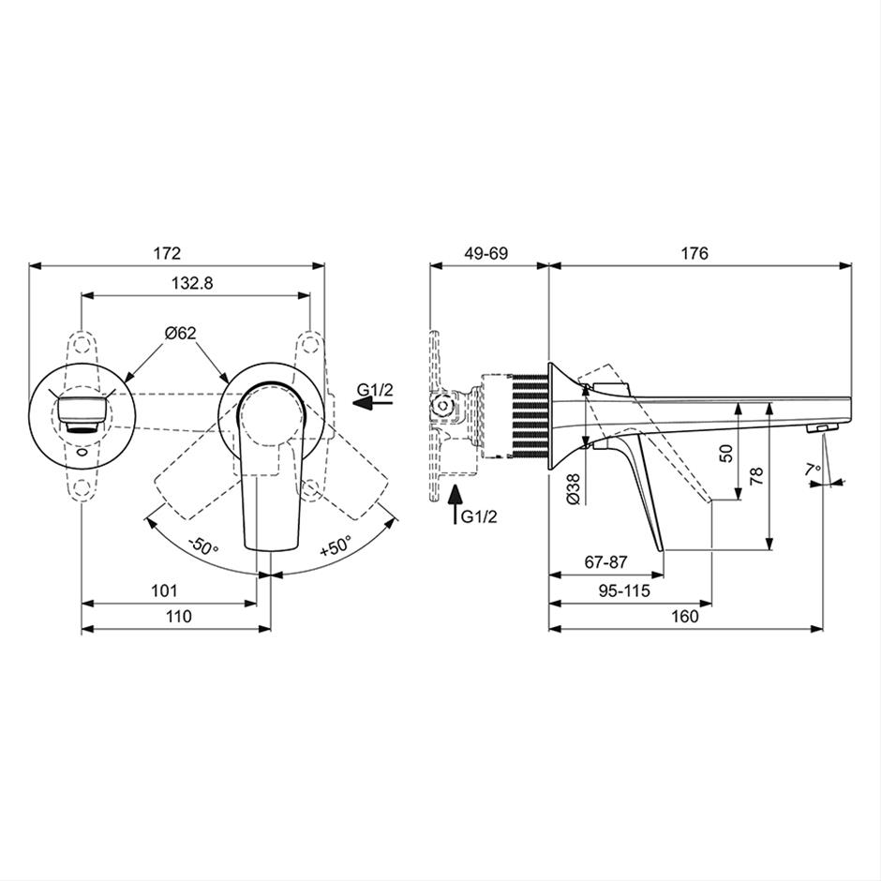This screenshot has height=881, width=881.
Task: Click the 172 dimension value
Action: pyautogui.click(x=168, y=253)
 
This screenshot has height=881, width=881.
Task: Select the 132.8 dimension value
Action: pyautogui.click(x=192, y=283)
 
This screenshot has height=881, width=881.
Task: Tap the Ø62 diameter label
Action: pyautogui.click(x=180, y=333)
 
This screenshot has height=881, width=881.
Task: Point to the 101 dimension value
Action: pyautogui.click(x=164, y=590)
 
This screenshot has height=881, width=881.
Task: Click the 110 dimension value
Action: pyautogui.click(x=179, y=617)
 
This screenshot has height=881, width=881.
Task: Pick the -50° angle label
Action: pyautogui.click(x=202, y=545)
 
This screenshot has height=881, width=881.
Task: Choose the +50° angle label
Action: pyautogui.click(x=336, y=545)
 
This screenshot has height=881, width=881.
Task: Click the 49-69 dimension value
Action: pyautogui.click(x=486, y=253)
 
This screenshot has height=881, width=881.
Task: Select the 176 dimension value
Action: pyautogui.click(x=695, y=253)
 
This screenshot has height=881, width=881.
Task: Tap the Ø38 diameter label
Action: pyautogui.click(x=573, y=488)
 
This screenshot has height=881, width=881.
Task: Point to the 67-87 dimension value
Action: pyautogui.click(x=605, y=561)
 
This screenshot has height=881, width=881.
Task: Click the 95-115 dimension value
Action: pyautogui.click(x=623, y=590)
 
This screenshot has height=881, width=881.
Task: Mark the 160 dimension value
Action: pyautogui.click(x=685, y=617)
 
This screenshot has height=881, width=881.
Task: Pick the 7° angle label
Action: pyautogui.click(x=813, y=470)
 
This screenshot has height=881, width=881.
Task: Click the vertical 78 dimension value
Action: pyautogui.click(x=756, y=476)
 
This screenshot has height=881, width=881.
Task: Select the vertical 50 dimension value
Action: pyautogui.click(x=726, y=453)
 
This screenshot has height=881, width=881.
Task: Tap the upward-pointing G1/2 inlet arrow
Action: pyautogui.click(x=456, y=503)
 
